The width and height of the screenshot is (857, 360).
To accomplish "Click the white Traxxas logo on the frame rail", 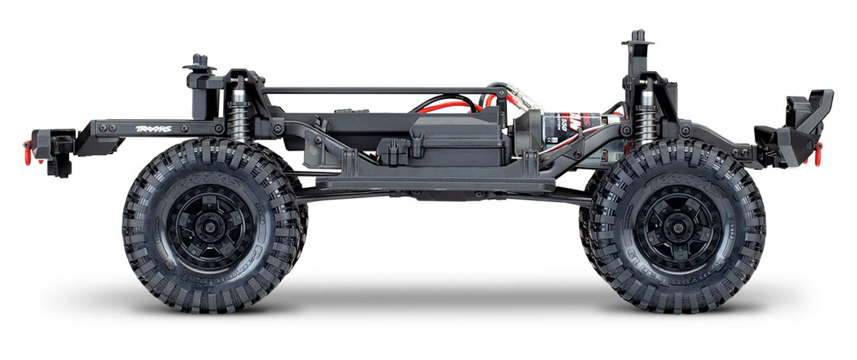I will point(153,128).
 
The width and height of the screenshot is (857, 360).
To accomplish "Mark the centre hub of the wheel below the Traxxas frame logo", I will point(210,226).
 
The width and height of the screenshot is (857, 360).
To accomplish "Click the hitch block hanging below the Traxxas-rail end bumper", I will point(61,165).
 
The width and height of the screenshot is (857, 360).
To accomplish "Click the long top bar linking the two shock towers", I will point(375,90).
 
